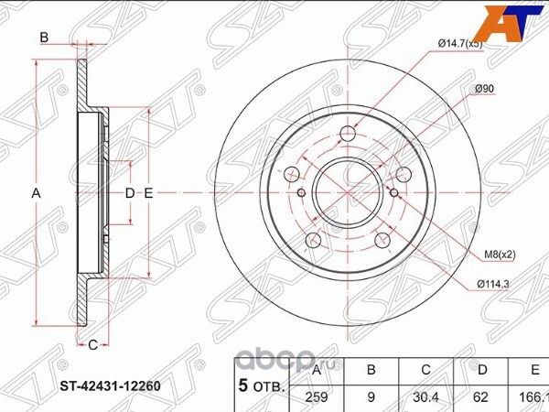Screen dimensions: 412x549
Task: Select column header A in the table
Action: pyautogui.click(x=316, y=371)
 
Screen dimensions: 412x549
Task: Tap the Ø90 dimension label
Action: pyautogui.click(x=484, y=88)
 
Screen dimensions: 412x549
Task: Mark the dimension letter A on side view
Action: pyautogui.click(x=37, y=193)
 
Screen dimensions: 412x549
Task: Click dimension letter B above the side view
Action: pyautogui.click(x=42, y=38)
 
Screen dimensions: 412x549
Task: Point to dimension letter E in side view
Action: pyautogui.click(x=146, y=193)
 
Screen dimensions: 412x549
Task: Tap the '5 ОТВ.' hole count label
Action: pyautogui.click(x=260, y=385)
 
